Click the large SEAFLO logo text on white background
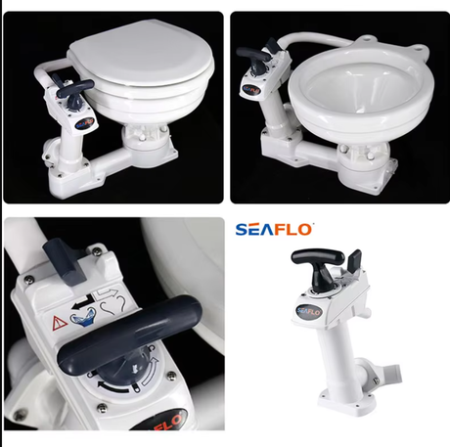coord(273,230)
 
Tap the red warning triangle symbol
coord(60,323)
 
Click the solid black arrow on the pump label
coord(81,302)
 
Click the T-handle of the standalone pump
coord(318,261)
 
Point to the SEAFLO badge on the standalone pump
coord(309,312)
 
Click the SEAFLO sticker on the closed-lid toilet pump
coord(85,123)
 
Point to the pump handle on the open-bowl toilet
coord(253,54)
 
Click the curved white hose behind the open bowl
coord(321,40)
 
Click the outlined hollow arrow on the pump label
coord(107,292)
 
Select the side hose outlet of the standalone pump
coord(384,373)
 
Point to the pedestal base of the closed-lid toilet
coord(149,148)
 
